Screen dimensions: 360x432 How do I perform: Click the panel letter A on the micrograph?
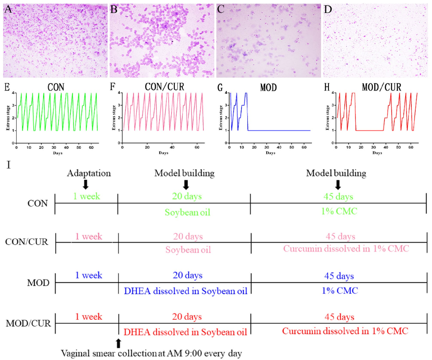[8, 9]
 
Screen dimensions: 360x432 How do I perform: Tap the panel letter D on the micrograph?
[328, 9]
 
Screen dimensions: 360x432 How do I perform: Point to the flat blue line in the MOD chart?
[278, 130]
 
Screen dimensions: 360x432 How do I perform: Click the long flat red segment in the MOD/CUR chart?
[370, 130]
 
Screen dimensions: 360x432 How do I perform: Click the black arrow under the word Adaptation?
[86, 184]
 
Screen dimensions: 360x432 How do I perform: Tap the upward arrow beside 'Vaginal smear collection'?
[118, 343]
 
